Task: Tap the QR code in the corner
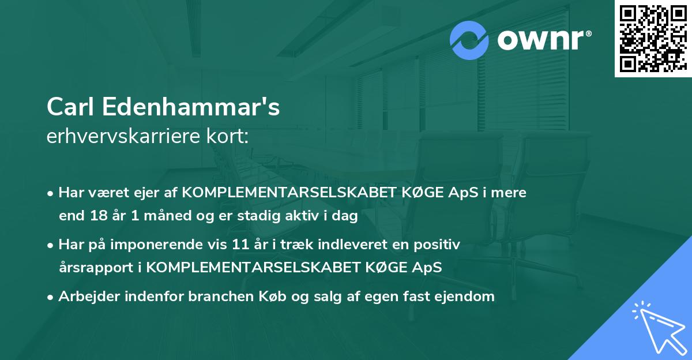click(653, 39)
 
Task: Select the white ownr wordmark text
click(542, 40)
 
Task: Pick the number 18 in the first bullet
click(97, 216)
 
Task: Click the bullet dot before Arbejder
click(51, 297)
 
